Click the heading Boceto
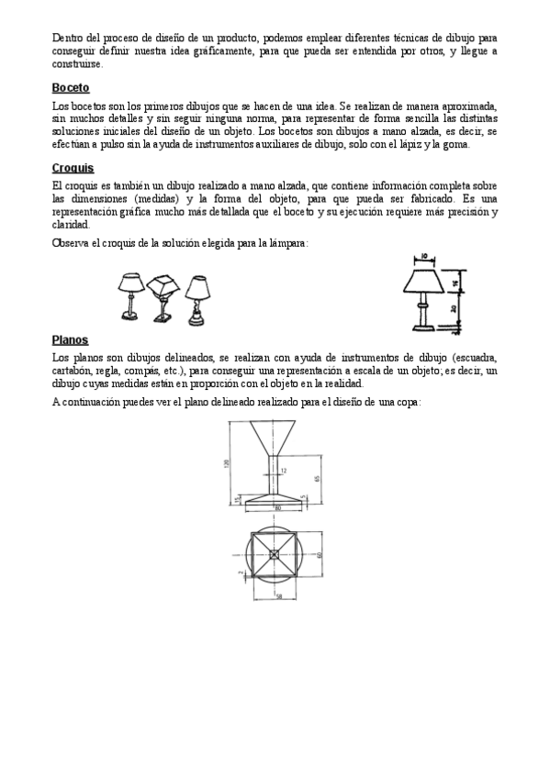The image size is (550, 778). [71, 89]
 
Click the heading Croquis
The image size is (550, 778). [73, 168]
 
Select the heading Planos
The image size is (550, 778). [71, 339]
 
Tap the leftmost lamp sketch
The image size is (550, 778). [130, 295]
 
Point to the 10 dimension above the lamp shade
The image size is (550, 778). [425, 258]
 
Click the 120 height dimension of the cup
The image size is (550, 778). [226, 463]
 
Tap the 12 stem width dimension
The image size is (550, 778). [283, 470]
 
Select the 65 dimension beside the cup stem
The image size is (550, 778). [316, 479]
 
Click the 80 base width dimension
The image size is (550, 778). [276, 506]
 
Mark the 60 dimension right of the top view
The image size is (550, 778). [320, 554]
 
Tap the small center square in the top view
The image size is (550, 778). [276, 553]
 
